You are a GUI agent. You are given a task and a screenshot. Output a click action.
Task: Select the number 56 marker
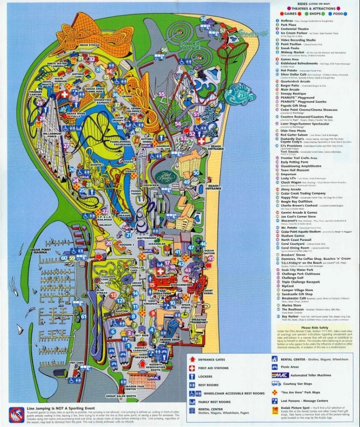pyautogui.click(x=164, y=50)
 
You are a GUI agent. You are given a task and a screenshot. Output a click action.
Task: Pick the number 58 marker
pyautogui.click(x=203, y=19)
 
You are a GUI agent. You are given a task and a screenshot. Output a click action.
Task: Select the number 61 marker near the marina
pyautogui.click(x=83, y=316)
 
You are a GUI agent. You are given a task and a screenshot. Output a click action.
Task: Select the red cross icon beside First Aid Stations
pyautogui.click(x=192, y=368)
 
